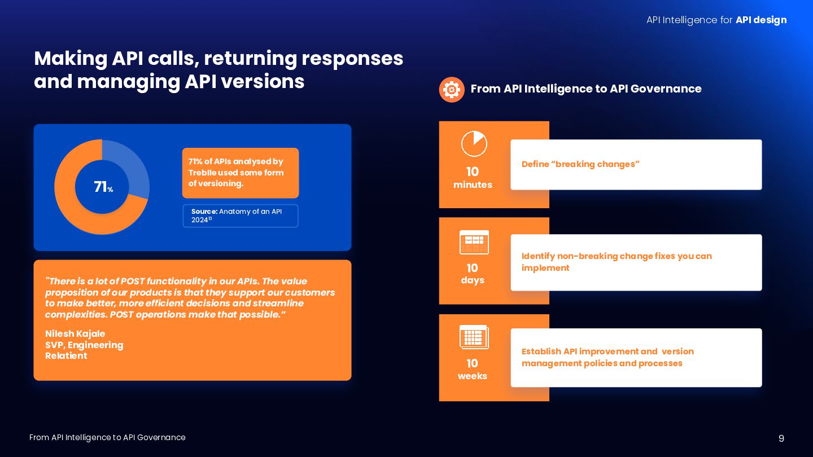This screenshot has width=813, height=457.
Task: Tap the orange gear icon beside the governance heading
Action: coord(452,90)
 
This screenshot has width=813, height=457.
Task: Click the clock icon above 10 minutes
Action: coord(474,144)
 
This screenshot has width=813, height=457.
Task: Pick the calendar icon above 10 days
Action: coord(474,243)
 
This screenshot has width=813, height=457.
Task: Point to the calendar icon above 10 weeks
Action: coord(474,337)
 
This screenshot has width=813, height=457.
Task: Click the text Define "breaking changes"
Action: coord(580,164)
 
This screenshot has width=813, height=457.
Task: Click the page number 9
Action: coord(781,438)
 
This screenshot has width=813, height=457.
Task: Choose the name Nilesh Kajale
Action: coord(75,334)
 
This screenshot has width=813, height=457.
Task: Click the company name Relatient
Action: coord(66,356)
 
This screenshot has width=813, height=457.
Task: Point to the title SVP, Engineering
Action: coord(84,345)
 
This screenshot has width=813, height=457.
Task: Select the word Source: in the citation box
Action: coord(204,212)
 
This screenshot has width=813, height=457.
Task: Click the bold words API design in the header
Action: coord(761,20)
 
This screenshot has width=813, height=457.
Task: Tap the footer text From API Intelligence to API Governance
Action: coord(107,438)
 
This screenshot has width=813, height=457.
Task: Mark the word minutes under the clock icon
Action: coord(473,185)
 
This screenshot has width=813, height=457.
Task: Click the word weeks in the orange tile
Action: coord(473,376)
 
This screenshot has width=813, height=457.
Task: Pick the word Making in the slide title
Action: coord(71,59)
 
